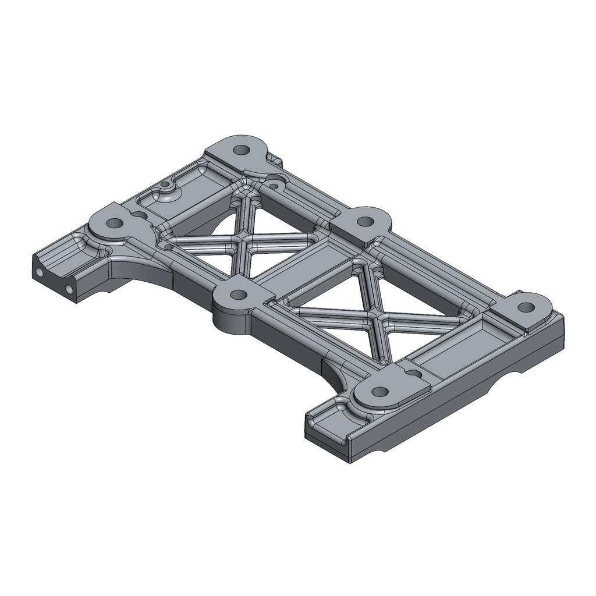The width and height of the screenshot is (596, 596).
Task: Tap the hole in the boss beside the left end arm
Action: [115, 223]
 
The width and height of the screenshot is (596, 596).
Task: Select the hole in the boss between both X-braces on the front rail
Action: [237, 295]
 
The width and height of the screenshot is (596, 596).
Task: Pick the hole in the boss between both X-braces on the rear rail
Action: [365, 221]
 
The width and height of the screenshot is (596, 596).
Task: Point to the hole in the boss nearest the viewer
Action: [379, 391]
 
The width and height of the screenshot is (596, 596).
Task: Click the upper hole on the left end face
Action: [40, 272]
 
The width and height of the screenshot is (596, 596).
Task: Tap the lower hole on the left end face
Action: [69, 288]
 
